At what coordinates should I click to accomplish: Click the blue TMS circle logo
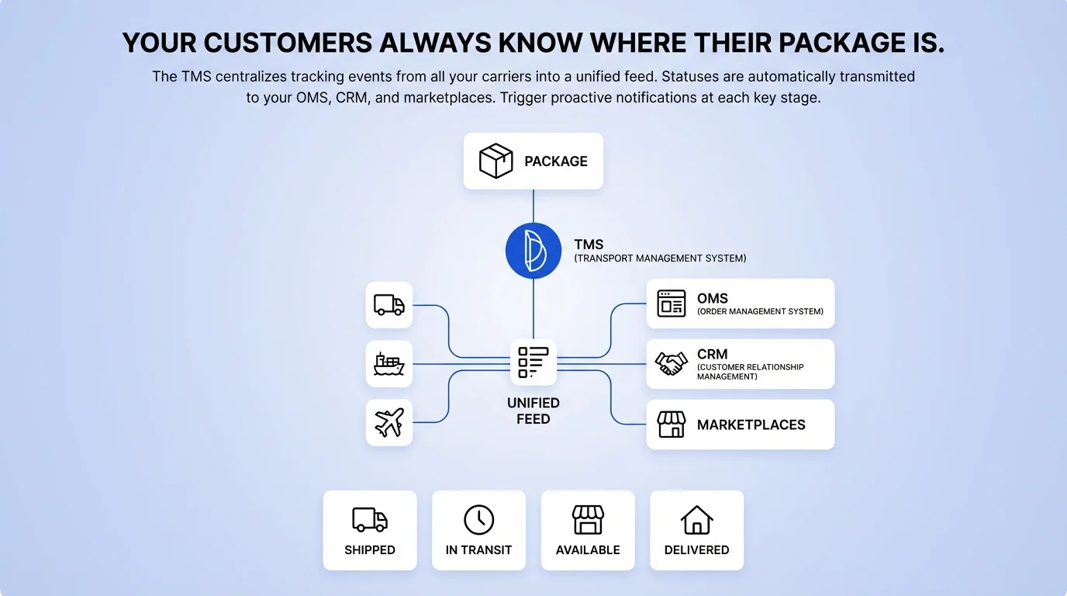click(x=533, y=251)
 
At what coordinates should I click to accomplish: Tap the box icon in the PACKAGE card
click(x=496, y=161)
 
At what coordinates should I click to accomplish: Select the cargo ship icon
click(x=389, y=364)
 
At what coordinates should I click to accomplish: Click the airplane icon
click(x=389, y=423)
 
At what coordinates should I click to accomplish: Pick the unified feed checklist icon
click(x=533, y=362)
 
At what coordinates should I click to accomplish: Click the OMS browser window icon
click(x=672, y=303)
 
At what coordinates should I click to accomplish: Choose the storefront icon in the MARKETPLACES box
click(x=672, y=424)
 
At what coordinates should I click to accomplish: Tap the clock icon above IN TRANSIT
click(x=478, y=519)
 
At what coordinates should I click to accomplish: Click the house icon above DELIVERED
click(x=696, y=519)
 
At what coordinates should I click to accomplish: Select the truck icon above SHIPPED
click(x=370, y=519)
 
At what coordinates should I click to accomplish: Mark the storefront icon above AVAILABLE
click(x=588, y=519)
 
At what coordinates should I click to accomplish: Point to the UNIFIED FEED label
click(x=533, y=411)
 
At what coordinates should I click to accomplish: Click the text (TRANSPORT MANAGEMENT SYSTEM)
click(x=660, y=258)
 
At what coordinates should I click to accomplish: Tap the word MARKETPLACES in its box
click(x=751, y=424)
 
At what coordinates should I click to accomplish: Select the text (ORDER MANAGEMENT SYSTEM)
click(x=760, y=312)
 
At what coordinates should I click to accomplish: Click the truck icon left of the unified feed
click(x=389, y=305)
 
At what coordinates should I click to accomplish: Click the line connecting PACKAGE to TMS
click(x=533, y=206)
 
